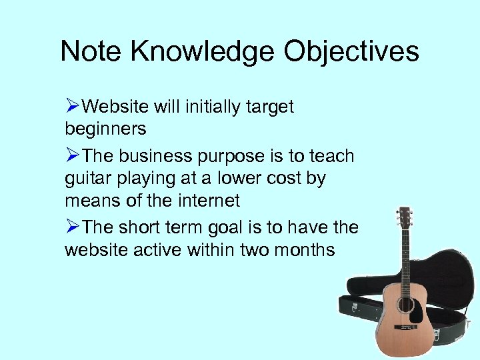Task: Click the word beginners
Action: pos(105,128)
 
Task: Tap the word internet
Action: pos(206,200)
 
